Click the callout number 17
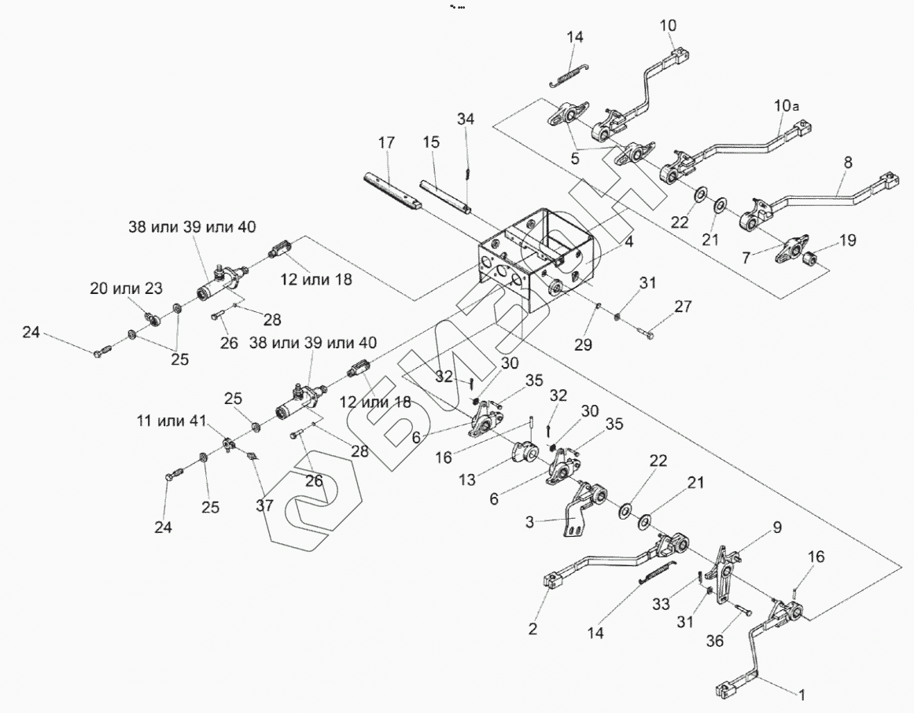point(385,143)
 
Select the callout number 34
point(466,119)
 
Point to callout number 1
point(802,695)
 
